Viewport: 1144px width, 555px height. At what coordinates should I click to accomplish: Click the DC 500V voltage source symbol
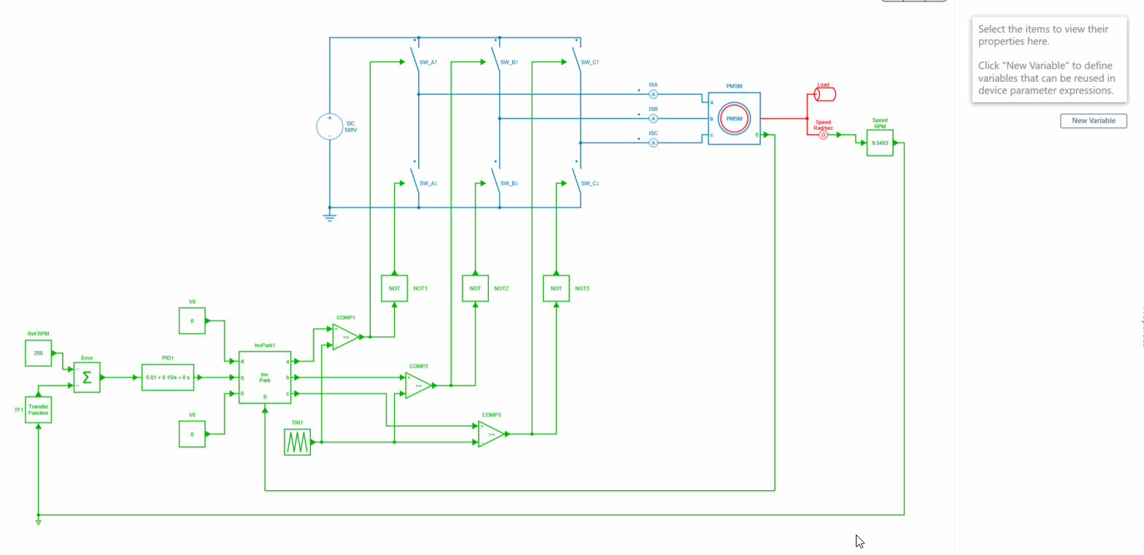click(329, 126)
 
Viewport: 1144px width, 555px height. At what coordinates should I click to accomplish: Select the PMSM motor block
click(734, 118)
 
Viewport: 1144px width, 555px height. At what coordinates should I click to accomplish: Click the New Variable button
click(1093, 120)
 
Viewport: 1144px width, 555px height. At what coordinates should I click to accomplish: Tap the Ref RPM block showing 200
click(38, 353)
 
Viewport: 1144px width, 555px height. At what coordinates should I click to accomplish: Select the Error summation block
click(87, 378)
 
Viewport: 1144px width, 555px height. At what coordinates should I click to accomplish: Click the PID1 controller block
click(168, 378)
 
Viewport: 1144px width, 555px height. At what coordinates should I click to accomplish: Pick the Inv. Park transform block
click(265, 378)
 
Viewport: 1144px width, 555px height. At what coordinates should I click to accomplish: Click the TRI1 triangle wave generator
click(297, 442)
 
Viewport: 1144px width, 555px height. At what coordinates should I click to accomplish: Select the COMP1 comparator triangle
click(344, 337)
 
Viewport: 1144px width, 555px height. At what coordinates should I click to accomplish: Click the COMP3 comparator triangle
click(490, 434)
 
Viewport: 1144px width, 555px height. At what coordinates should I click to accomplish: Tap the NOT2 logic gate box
click(475, 288)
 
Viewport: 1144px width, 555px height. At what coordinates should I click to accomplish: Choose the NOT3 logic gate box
click(556, 288)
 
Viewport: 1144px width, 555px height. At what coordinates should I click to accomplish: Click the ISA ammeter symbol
click(654, 94)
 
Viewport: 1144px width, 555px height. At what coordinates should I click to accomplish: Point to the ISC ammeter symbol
click(654, 143)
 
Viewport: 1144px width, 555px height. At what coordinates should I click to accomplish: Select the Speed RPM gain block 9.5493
click(880, 142)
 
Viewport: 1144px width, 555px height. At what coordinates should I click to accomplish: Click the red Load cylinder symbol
click(825, 94)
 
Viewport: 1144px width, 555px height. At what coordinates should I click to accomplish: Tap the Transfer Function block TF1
click(38, 410)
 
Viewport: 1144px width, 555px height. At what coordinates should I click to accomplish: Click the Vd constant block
click(192, 321)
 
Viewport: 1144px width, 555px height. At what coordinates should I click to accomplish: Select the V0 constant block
click(192, 434)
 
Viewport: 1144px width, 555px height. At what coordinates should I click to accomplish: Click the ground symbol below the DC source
click(329, 216)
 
